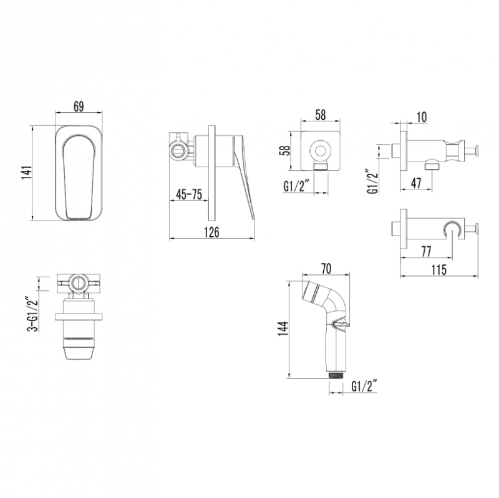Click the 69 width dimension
click(x=79, y=107)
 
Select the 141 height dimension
click(x=27, y=173)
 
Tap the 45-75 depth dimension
click(x=189, y=194)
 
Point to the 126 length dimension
click(x=211, y=232)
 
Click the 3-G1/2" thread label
click(x=32, y=315)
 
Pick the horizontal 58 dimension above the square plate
click(x=320, y=115)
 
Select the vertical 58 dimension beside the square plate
click(x=285, y=150)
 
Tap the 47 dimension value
click(x=416, y=183)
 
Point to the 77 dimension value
click(x=425, y=252)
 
